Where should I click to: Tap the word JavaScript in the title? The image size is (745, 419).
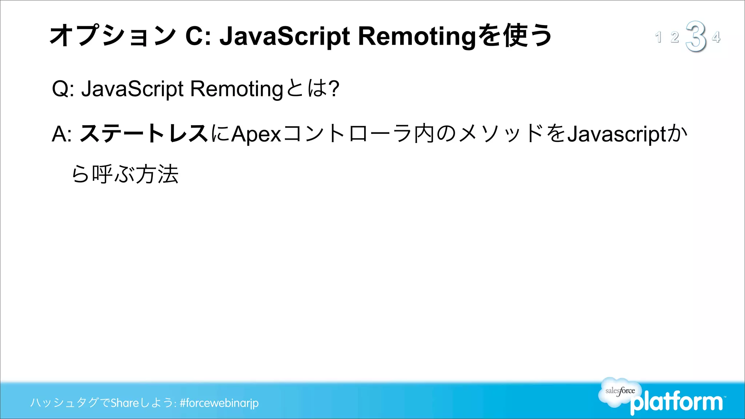(x=285, y=36)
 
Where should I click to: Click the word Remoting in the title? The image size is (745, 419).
(x=417, y=36)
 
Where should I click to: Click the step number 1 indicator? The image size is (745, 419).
(x=658, y=37)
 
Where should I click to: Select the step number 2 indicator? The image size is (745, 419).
(x=675, y=37)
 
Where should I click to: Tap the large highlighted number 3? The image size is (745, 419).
(x=696, y=36)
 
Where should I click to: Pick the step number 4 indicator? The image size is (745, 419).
(x=716, y=37)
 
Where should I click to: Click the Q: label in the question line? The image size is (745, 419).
(x=63, y=89)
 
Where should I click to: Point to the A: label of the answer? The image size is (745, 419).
(x=61, y=134)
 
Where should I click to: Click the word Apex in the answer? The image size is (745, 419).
(x=256, y=134)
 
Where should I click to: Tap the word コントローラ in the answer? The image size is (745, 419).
(x=347, y=133)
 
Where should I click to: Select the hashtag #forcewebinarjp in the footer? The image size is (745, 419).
(x=219, y=403)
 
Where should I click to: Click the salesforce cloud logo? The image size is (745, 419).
(x=620, y=391)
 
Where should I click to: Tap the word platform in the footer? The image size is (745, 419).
(x=677, y=402)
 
